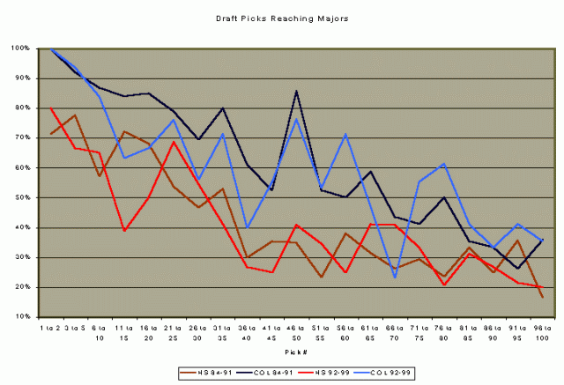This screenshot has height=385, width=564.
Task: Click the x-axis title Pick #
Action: [294, 351]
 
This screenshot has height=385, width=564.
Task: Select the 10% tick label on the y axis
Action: [26, 317]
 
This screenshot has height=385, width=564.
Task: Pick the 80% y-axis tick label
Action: [26, 107]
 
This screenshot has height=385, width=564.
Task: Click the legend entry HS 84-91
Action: [206, 370]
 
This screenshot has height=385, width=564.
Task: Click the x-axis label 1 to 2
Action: [52, 328]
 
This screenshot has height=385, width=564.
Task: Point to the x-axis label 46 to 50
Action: [295, 332]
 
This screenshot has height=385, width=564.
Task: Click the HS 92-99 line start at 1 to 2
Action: [52, 108]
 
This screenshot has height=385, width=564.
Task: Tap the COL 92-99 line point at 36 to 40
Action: [247, 228]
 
